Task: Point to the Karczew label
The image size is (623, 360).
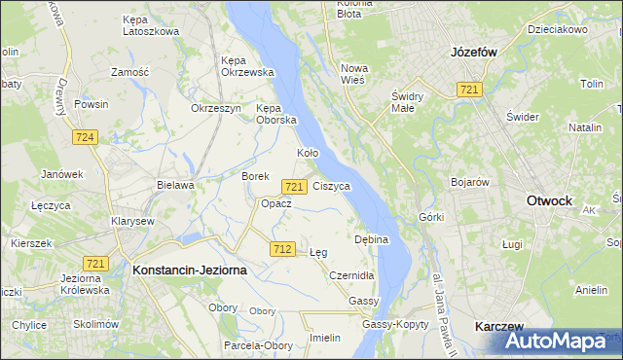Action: [x=500, y=327]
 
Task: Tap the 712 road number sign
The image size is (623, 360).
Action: [x=282, y=249]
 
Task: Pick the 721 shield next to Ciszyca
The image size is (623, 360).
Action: [x=295, y=186]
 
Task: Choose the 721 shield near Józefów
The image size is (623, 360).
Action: [x=470, y=90]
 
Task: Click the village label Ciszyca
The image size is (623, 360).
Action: [x=332, y=186]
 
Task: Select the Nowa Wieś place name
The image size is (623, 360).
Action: [x=352, y=74]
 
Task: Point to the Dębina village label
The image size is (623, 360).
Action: [x=371, y=238]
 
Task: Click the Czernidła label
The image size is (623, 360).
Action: [x=350, y=276]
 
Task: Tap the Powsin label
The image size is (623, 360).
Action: [x=91, y=103]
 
